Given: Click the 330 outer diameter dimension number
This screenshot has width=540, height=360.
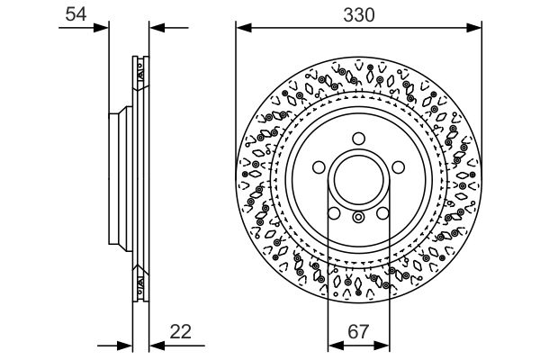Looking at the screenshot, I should (x=358, y=13).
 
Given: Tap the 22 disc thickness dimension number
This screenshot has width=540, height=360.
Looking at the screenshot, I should (x=181, y=331).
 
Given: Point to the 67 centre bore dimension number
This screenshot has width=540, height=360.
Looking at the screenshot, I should (x=358, y=331).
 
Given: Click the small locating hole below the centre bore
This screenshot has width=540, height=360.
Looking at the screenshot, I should (x=358, y=216).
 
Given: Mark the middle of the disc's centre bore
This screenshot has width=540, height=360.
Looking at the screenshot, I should (x=358, y=179).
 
